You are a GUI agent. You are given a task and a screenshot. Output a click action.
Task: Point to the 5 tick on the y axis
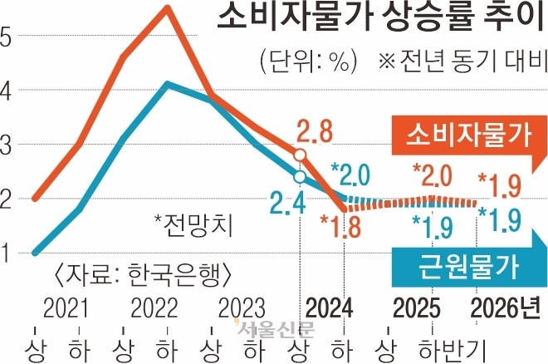[x=6, y=37]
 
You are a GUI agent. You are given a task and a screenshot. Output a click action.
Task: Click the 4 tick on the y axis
[x=6, y=90]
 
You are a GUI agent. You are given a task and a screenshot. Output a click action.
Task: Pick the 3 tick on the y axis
[x=6, y=145]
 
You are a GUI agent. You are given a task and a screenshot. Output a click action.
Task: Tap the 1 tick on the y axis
[x=6, y=253]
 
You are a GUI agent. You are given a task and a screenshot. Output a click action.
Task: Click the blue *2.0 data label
[x=351, y=175]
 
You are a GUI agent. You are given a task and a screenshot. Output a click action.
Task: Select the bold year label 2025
[x=416, y=308]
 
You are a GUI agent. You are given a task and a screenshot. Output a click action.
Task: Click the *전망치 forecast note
[x=194, y=224]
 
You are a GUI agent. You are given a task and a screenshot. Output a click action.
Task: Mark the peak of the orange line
[x=167, y=8]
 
